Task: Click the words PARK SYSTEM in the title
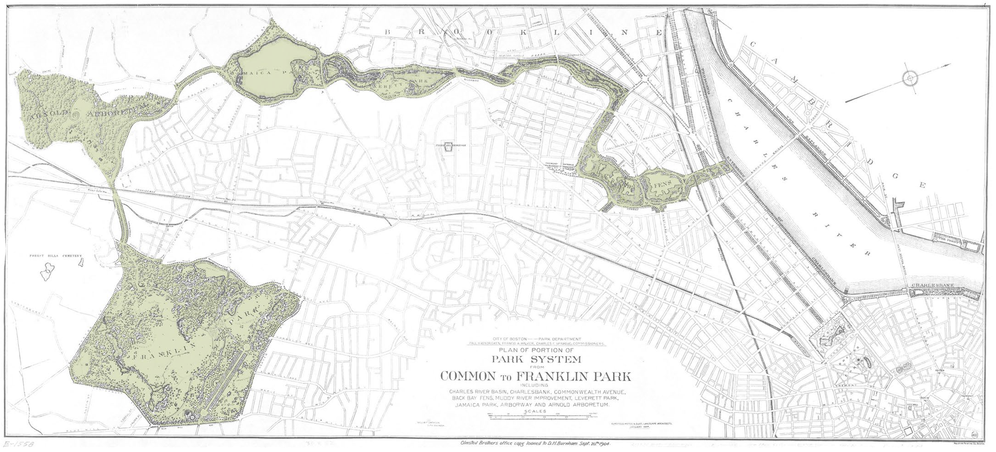point(536,359)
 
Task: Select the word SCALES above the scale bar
point(536,411)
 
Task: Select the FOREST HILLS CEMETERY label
point(56,256)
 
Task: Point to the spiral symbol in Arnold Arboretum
point(75,114)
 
